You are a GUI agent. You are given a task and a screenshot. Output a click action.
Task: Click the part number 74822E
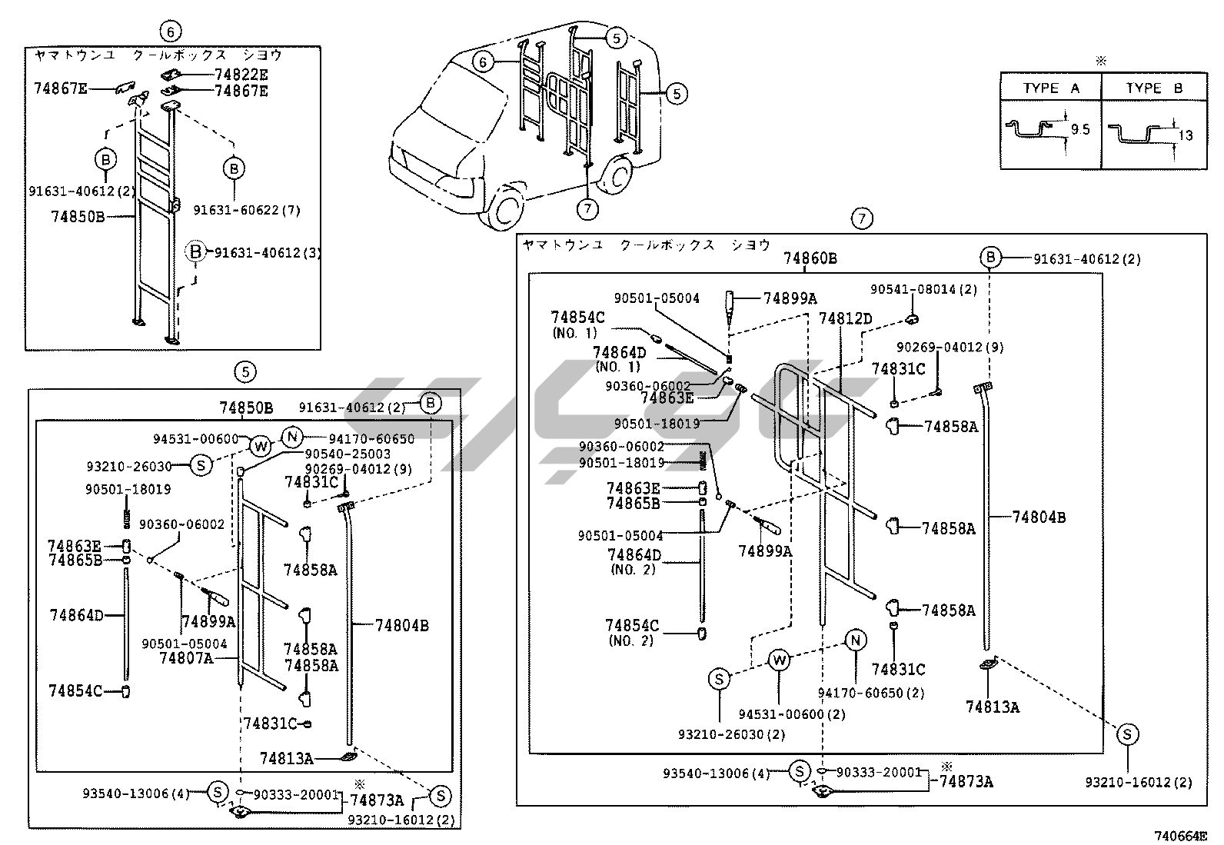[x=241, y=75]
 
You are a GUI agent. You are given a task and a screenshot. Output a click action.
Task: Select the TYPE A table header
[x=1050, y=88]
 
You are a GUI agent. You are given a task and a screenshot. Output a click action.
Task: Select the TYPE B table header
[x=1154, y=88]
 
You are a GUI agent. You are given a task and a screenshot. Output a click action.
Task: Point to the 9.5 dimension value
[x=1080, y=130]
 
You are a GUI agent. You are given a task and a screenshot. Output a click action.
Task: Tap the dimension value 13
[x=1185, y=135]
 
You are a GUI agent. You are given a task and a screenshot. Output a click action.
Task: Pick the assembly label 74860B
[x=810, y=258]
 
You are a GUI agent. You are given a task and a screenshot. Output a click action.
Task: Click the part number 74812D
[x=845, y=318]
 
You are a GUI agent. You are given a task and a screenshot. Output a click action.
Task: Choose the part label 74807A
[x=186, y=658]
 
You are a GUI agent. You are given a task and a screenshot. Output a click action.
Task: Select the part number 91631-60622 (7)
[x=246, y=210]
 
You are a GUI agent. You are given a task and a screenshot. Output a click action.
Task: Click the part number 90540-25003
[x=348, y=454]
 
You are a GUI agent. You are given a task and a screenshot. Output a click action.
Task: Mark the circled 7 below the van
[x=587, y=208]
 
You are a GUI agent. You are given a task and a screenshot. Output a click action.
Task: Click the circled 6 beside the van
[x=481, y=62]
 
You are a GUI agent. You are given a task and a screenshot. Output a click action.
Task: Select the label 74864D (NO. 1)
[x=620, y=359]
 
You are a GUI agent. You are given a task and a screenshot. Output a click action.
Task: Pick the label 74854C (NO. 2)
[x=632, y=632]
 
